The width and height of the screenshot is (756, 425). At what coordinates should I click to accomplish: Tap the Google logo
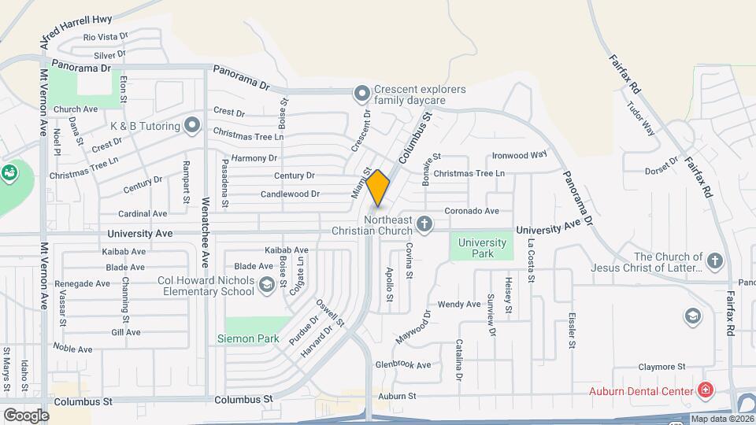[25, 415]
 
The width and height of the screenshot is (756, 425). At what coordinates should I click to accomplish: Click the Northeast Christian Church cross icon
[424, 225]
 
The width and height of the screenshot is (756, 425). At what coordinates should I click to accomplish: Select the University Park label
[482, 248]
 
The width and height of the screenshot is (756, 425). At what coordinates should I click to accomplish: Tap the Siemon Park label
[249, 339]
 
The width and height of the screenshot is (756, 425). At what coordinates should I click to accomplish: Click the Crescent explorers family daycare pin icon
[361, 94]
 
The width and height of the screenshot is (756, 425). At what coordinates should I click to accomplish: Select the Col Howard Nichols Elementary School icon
[266, 286]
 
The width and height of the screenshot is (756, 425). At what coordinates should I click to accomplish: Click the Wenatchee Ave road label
[206, 231]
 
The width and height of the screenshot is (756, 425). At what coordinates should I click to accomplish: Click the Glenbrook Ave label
[402, 365]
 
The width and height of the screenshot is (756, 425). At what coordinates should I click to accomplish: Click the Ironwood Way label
[519, 155]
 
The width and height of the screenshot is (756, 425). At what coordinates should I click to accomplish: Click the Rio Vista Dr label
[106, 37]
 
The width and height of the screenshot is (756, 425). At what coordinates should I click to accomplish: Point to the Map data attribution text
[722, 419]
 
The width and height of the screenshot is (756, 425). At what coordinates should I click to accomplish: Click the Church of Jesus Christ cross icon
[714, 261]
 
